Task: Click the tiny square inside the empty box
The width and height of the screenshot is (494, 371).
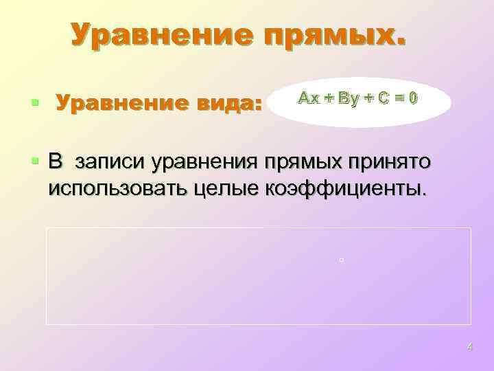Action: coord(340,260)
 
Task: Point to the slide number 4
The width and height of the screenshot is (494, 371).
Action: coord(469,346)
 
